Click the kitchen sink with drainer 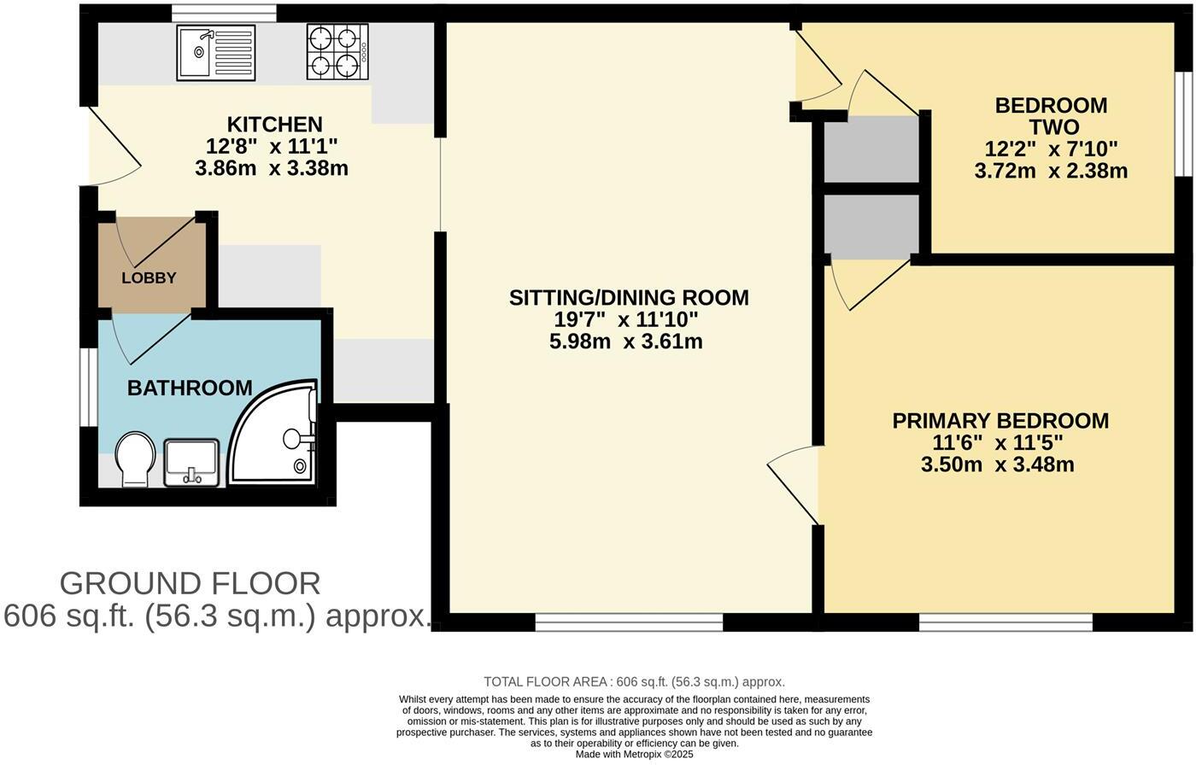(216, 53)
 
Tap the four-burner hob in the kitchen (337, 53)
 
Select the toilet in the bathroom (135, 458)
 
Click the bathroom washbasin (191, 462)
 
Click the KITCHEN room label (274, 125)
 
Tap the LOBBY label (149, 277)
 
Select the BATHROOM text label (190, 388)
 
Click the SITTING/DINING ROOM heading (629, 298)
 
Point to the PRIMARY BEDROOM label (1000, 421)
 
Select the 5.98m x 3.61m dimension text (626, 342)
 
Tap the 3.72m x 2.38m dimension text (1051, 171)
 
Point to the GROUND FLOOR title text (191, 584)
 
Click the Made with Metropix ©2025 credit (634, 755)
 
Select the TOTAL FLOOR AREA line (634, 681)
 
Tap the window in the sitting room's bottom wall (629, 622)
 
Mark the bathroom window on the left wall (89, 386)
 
